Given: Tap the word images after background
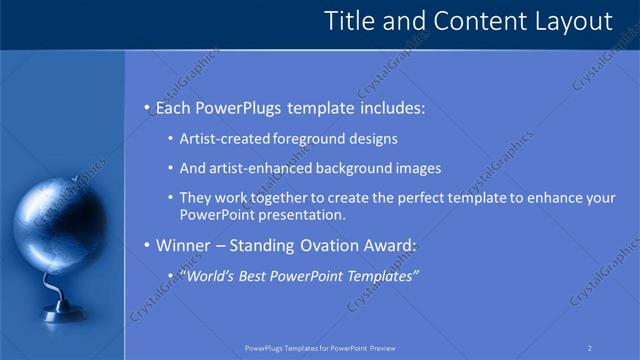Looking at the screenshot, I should click(419, 169).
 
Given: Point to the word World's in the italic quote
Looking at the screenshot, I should click(210, 276).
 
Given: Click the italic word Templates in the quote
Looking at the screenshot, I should click(380, 276).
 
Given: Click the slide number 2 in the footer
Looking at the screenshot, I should click(590, 348).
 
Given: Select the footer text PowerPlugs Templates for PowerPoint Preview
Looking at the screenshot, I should click(320, 348).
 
